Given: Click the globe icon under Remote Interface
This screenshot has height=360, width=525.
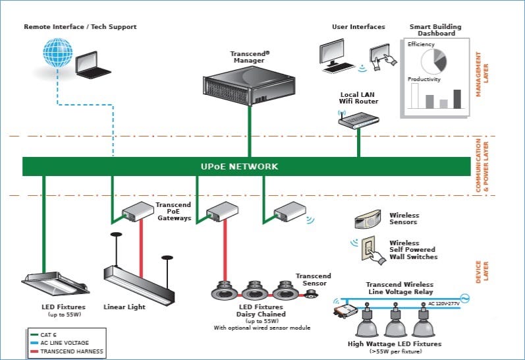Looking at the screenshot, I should (57, 55).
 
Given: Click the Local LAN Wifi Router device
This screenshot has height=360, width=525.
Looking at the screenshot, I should (358, 119).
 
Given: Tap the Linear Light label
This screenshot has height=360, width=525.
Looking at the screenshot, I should (124, 307).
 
